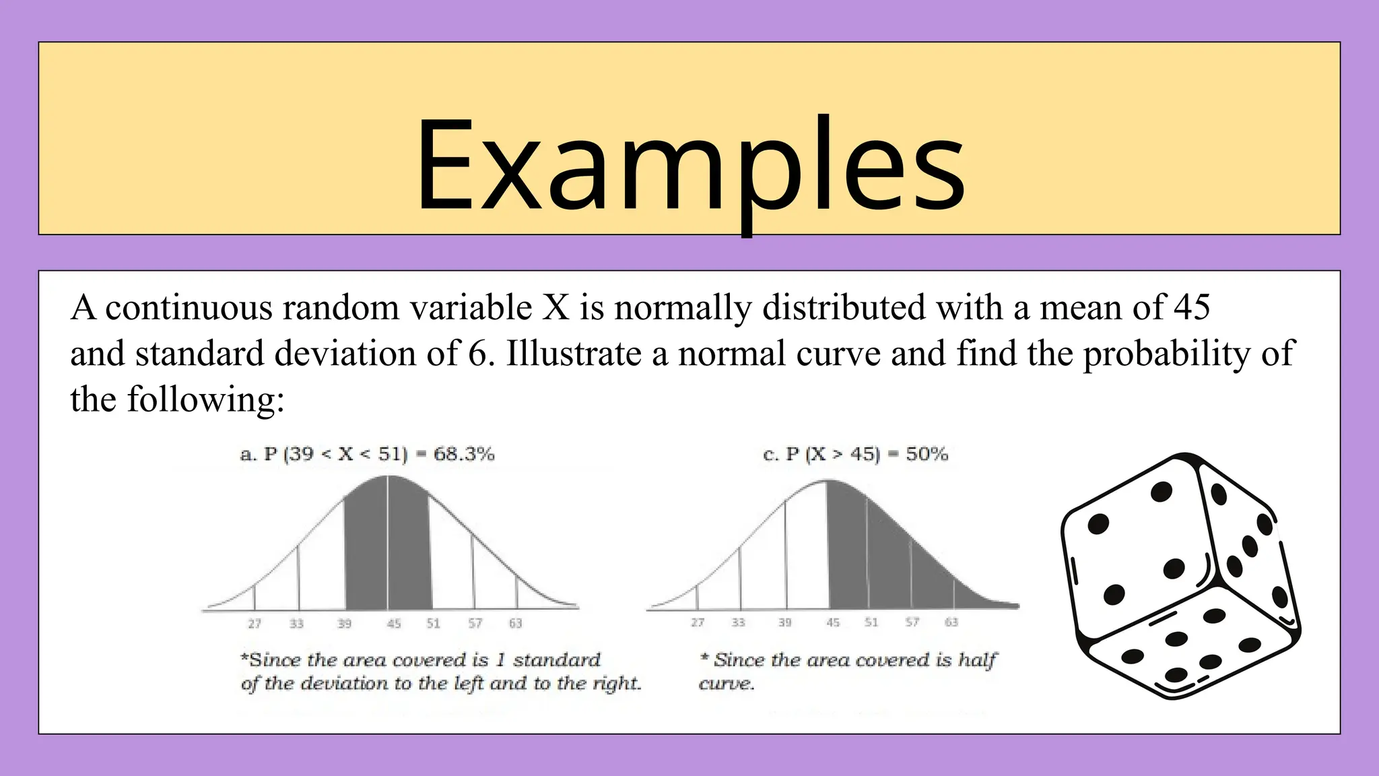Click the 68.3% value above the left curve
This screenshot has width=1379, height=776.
(x=464, y=454)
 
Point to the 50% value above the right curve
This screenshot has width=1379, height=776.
(x=927, y=454)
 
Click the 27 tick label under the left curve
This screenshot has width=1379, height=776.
(x=255, y=624)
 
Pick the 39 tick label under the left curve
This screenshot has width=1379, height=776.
(x=344, y=624)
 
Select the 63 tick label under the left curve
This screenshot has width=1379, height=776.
(x=515, y=624)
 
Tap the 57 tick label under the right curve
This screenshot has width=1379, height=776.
(x=912, y=622)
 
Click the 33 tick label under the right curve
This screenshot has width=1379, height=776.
(x=739, y=622)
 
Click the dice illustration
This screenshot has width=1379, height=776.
(x=1180, y=576)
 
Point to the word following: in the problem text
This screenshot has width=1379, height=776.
(x=206, y=399)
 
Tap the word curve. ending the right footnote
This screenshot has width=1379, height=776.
(x=726, y=684)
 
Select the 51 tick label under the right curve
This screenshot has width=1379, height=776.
(x=871, y=622)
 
